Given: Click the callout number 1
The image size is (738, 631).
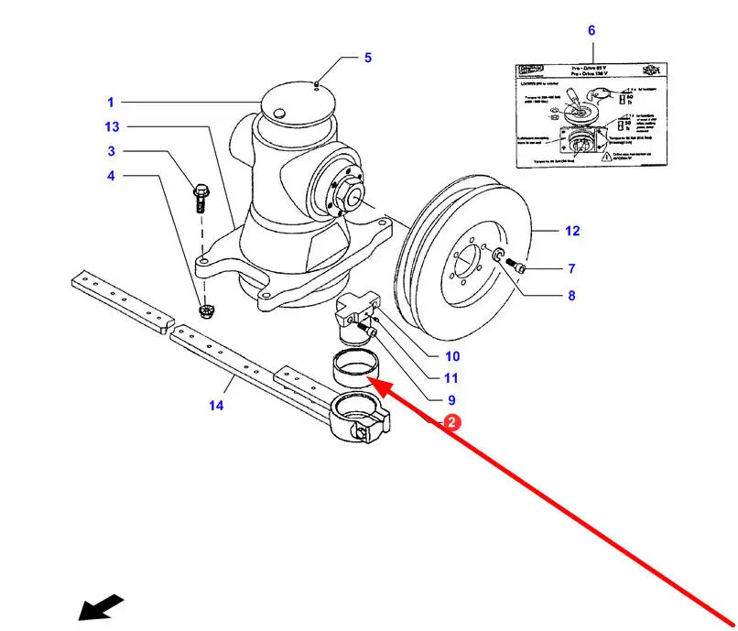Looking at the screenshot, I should pos(110,103).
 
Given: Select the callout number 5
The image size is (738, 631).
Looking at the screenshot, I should pos(367,58).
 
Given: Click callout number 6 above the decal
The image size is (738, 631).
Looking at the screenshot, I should pos(591,30).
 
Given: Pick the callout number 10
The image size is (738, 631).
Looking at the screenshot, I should pos(452,356).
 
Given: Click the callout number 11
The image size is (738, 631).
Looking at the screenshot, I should pos(451,378).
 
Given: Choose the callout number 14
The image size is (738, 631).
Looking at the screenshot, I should pos(216,405).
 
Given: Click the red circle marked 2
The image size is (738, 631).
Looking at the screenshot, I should pos(451,422).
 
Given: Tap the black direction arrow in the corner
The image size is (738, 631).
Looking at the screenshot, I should pos(100,607).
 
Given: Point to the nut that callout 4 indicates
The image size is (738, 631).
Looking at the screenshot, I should pos(206,311).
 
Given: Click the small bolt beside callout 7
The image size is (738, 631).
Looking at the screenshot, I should pos(516,266).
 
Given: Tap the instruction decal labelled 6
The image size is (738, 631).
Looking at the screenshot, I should pos(590,113).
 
